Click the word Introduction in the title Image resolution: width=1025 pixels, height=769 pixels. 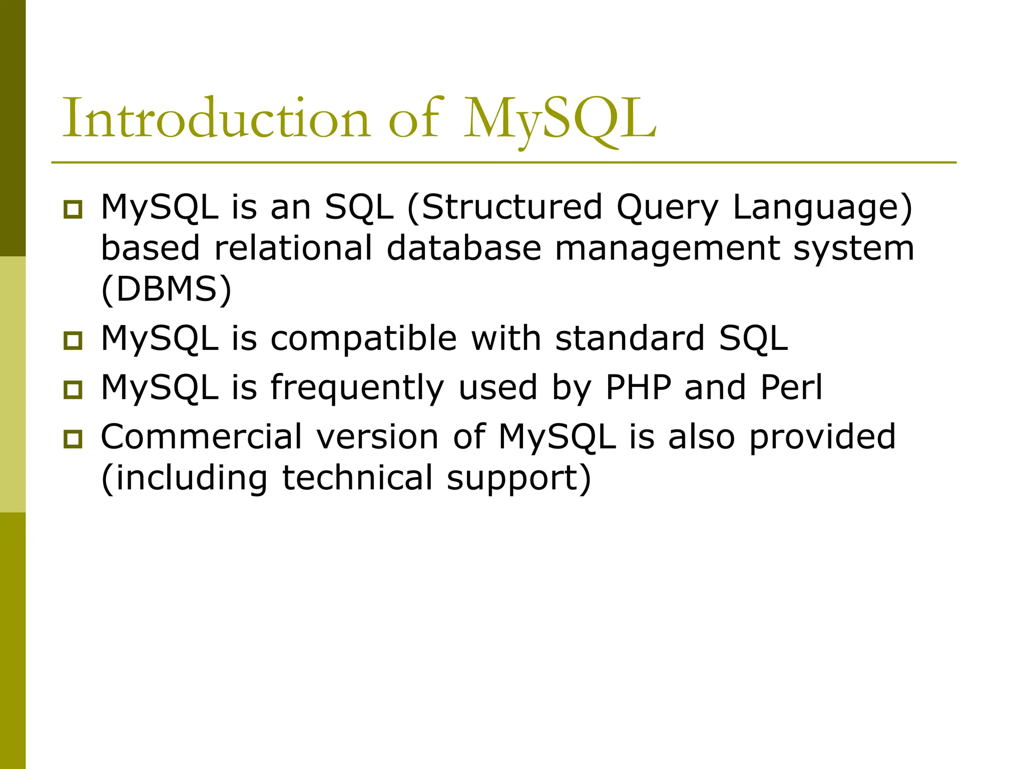pos(215,118)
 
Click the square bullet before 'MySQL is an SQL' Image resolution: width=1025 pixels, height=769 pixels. pos(73,209)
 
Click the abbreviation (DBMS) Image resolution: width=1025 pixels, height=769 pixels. pos(166,289)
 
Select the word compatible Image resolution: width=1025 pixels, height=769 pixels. pos(364,339)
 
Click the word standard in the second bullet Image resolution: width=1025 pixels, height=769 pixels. pos(630,338)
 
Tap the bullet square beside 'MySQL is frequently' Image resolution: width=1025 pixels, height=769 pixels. pos(73,390)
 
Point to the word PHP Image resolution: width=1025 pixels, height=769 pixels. pos(638,388)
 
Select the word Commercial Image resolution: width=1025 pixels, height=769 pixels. pos(202,437)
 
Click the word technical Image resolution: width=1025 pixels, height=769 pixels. pos(357,478)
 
